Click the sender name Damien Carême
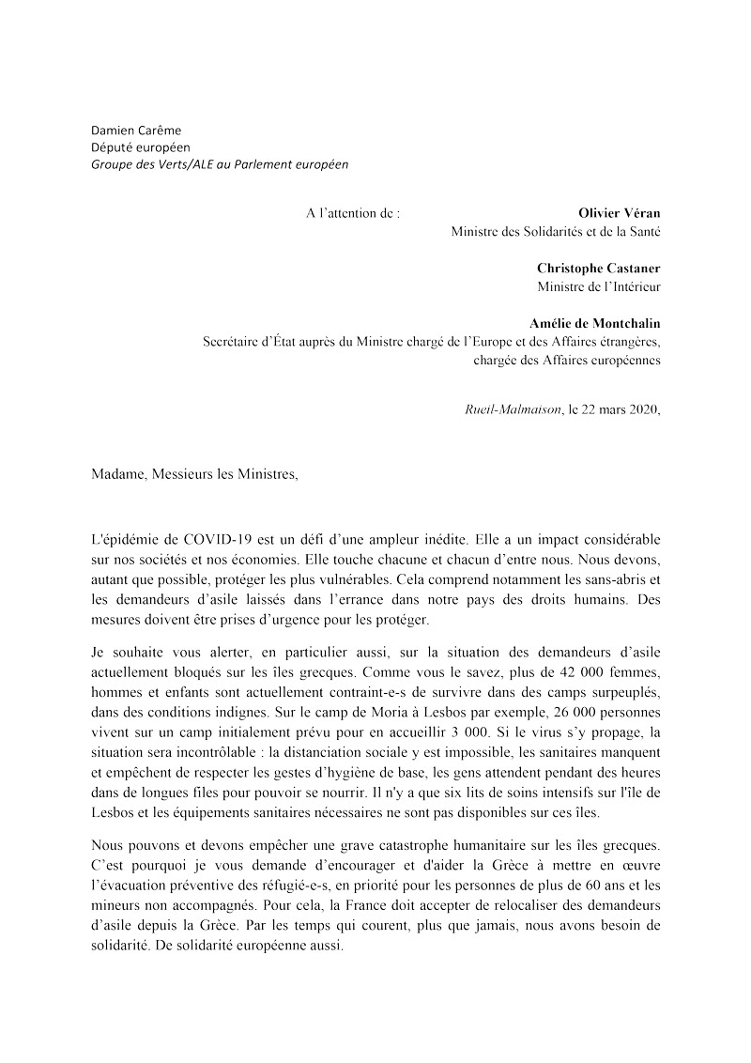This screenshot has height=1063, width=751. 135,130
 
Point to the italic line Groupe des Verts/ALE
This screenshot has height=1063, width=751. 219,163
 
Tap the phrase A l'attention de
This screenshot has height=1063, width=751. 352,213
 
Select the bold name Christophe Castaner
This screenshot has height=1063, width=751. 599,268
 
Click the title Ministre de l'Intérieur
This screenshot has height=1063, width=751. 599,285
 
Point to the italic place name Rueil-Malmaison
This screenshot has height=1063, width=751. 513,408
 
